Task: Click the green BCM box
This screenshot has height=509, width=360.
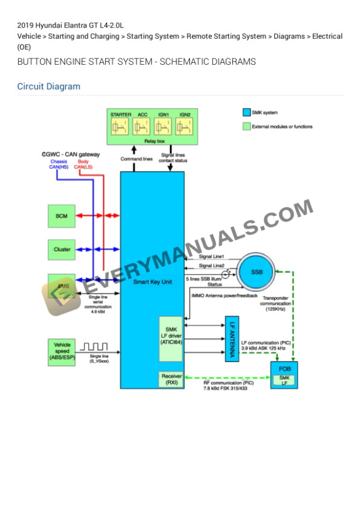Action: (61, 216)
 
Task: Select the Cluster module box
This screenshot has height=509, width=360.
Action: (61, 249)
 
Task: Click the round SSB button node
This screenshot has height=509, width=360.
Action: (256, 273)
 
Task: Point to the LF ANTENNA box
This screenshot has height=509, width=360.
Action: (232, 339)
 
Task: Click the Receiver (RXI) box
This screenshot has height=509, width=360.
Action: (172, 379)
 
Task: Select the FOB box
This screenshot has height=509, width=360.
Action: (284, 374)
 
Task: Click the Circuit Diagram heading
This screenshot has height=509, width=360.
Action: (49, 86)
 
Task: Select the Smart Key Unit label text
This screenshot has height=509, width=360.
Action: (152, 282)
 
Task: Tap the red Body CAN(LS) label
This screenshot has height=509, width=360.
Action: (83, 165)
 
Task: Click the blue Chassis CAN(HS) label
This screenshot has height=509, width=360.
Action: (59, 165)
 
